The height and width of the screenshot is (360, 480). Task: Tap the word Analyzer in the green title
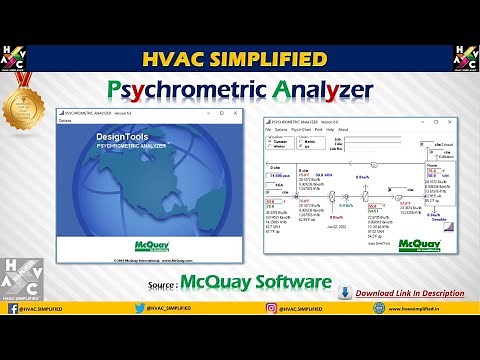point(318,90)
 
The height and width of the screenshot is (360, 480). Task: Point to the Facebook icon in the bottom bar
point(14,337)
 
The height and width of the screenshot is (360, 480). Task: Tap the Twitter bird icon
point(139,337)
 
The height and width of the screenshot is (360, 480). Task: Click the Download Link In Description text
point(410,293)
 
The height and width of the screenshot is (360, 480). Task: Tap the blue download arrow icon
point(345,293)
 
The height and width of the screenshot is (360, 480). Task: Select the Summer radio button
point(270,143)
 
